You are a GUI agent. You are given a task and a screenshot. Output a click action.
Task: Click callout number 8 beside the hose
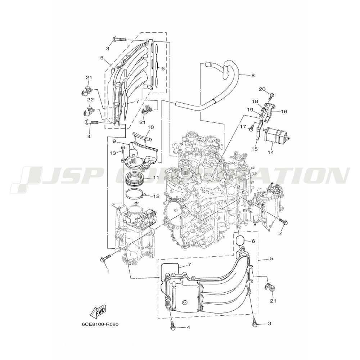[x=253, y=76]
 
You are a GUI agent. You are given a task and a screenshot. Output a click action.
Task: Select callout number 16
[x=284, y=112]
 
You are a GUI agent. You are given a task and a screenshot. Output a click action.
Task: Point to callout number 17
[x=243, y=126]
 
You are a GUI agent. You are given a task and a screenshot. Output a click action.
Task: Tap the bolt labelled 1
[x=105, y=258]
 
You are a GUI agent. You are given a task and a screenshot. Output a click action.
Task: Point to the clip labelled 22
[x=89, y=110]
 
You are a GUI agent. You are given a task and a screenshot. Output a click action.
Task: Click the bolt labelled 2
[x=283, y=221]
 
